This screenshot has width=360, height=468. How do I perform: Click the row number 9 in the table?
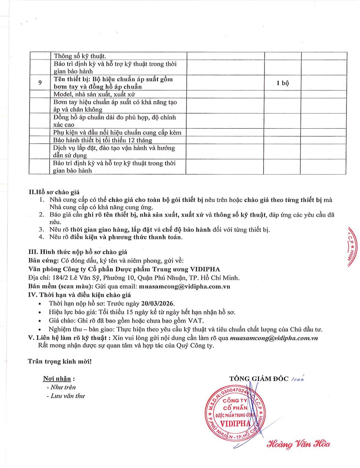click(x=40, y=83)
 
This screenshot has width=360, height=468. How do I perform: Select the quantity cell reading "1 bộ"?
click(x=282, y=83)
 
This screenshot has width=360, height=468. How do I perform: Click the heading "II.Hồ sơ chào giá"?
click(x=54, y=192)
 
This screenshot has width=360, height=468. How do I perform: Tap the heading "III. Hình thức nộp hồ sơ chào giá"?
click(x=78, y=252)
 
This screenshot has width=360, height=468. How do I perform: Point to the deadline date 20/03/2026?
click(x=158, y=303)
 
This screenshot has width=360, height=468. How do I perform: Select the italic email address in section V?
click(x=274, y=338)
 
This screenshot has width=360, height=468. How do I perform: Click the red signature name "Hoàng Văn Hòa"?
click(x=298, y=444)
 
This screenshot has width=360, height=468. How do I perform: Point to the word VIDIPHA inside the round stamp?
click(x=235, y=424)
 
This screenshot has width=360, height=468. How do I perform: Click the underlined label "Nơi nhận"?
click(x=57, y=379)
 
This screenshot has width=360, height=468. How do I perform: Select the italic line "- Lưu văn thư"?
click(x=66, y=396)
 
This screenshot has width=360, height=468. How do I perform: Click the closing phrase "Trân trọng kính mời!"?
click(x=60, y=361)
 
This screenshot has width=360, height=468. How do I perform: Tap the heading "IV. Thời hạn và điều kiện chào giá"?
click(x=79, y=295)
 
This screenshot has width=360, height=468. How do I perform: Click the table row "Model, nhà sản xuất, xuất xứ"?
click(x=94, y=94)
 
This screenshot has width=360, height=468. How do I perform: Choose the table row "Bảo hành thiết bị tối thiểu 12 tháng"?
click(x=102, y=140)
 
